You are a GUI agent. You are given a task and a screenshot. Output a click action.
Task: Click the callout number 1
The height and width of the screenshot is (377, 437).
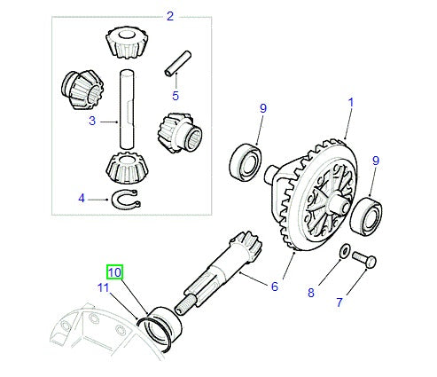(x=350, y=102)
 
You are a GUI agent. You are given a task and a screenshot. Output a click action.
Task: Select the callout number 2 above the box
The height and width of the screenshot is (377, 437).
(x=170, y=16)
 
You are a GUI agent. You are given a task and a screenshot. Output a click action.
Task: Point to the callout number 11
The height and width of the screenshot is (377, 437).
(x=103, y=289)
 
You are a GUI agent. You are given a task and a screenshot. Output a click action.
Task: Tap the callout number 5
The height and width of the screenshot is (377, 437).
(x=176, y=95)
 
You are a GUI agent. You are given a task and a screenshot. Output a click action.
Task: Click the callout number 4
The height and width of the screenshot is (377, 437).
(x=82, y=199)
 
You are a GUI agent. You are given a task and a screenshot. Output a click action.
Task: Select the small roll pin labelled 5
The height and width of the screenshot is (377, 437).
(x=176, y=65)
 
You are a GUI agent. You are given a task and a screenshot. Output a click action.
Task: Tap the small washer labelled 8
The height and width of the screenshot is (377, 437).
(x=342, y=253)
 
